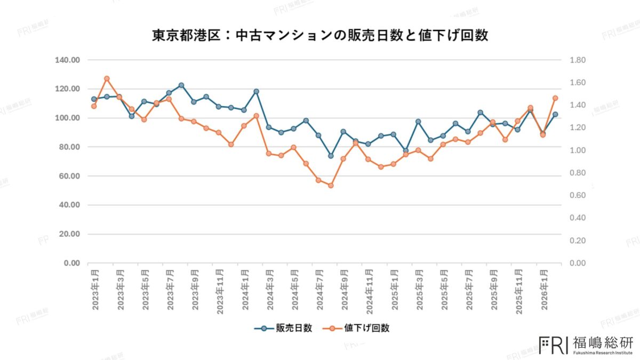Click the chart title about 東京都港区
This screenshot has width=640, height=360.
[320, 36]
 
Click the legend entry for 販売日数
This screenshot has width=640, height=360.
[283, 328]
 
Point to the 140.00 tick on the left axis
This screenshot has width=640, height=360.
[67, 60]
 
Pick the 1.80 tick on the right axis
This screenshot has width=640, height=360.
[577, 60]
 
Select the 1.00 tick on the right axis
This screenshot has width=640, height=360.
[577, 150]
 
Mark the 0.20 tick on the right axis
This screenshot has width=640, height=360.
[577, 241]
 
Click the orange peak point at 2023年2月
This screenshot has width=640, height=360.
[107, 78]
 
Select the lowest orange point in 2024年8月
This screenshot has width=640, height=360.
[331, 186]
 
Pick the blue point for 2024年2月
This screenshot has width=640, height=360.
[256, 91]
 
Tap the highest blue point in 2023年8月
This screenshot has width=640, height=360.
[181, 85]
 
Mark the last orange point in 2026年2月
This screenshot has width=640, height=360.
[555, 98]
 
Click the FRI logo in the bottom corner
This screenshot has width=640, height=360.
[553, 345]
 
